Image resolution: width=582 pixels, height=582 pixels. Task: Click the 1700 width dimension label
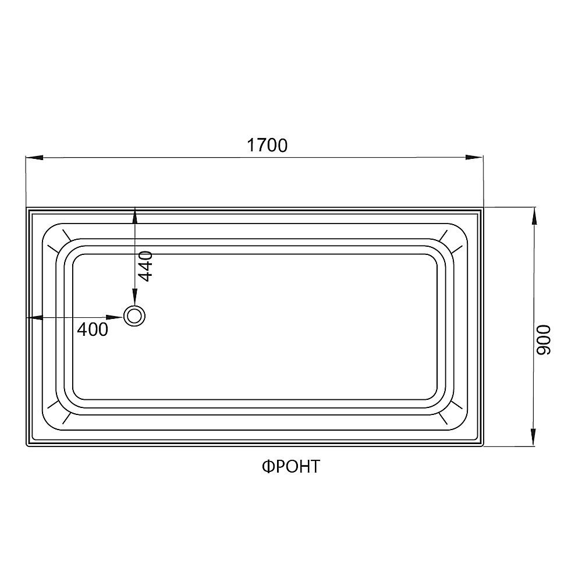(x=267, y=145)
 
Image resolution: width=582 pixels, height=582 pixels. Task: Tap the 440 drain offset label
(x=145, y=265)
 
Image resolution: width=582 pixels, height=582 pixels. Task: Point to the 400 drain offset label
(x=93, y=329)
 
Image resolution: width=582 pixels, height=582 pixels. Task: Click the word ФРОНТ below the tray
(x=290, y=466)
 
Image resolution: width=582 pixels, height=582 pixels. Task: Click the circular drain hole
(x=135, y=317)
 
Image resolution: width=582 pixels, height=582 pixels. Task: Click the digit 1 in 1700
(x=251, y=145)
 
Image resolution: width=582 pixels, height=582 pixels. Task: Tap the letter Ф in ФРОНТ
(x=266, y=466)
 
